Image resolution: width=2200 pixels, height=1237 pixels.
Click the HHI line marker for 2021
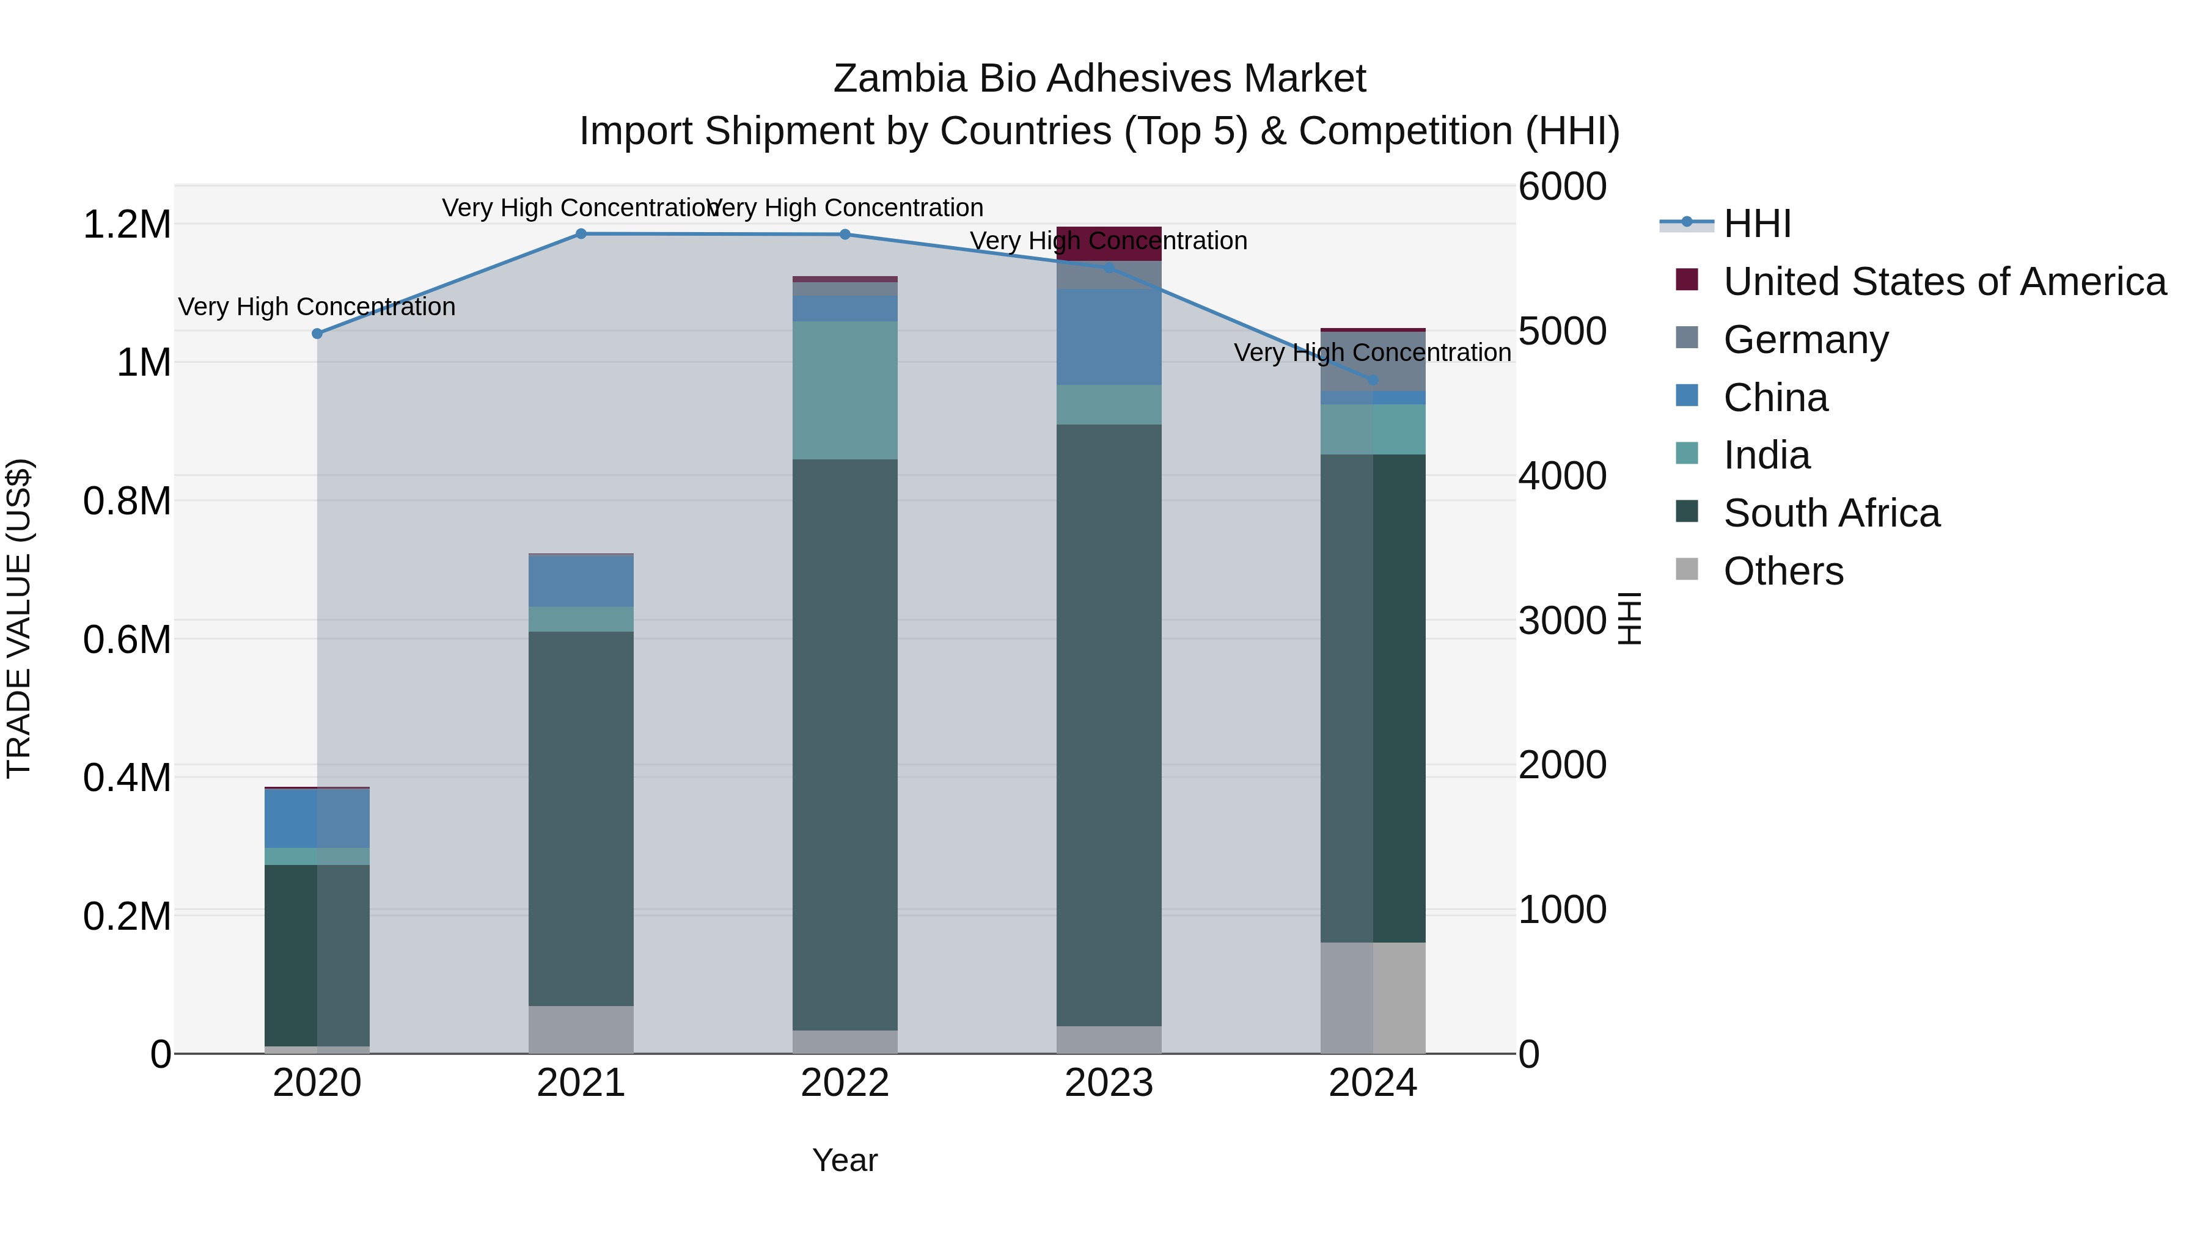[x=581, y=234]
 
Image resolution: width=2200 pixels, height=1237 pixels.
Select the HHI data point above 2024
[x=1373, y=381]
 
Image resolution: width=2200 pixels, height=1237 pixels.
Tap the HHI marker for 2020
[x=317, y=334]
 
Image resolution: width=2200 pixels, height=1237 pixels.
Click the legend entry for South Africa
[x=1831, y=513]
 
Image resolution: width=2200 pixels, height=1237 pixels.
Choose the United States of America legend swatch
[x=1687, y=280]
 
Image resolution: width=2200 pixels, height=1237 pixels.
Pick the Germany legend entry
[x=1805, y=340]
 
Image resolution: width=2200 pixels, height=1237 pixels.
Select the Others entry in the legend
[x=1783, y=571]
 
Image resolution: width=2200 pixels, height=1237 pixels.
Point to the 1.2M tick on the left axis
[x=127, y=225]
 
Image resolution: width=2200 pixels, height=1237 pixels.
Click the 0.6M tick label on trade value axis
[x=127, y=640]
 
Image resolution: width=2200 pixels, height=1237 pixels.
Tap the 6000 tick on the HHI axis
[x=1562, y=187]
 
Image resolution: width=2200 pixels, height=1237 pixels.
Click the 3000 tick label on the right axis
[x=1562, y=621]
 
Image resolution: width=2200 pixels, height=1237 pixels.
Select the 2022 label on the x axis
[x=845, y=1083]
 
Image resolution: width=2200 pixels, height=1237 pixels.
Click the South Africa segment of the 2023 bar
[x=1109, y=726]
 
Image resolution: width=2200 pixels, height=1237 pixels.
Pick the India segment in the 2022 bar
[x=845, y=390]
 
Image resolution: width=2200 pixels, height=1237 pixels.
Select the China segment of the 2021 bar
[x=581, y=582]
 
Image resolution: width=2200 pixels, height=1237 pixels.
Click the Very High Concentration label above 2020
[x=317, y=307]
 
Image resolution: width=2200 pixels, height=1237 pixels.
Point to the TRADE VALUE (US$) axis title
[x=19, y=618]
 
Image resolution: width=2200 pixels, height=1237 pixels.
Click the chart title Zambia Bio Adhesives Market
[x=1099, y=79]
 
